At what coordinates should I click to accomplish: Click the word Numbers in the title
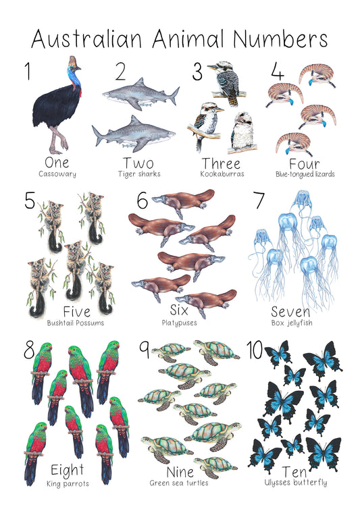280,38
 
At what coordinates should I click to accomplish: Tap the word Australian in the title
86,38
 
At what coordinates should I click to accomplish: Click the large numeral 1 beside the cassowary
28,71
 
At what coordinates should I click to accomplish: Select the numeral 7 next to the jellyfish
259,200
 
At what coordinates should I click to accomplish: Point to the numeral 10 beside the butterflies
255,350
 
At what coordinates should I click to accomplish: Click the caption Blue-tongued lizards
305,174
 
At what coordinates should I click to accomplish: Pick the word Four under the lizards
305,164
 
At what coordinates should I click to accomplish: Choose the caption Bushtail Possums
76,323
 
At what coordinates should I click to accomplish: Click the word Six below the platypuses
179,311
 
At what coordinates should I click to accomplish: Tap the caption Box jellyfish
292,323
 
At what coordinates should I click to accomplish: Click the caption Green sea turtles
179,483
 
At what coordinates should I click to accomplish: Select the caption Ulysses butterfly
296,483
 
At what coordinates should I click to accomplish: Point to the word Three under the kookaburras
222,163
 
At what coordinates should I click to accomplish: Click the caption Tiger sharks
139,174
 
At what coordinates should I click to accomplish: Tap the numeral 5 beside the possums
30,200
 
